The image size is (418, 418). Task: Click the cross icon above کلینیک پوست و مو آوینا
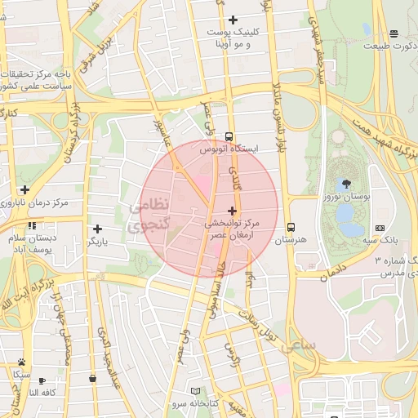pyautogui.click(x=233, y=20)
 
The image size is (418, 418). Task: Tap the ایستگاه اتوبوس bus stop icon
pyautogui.click(x=229, y=136)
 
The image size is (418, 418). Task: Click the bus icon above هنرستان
pyautogui.click(x=291, y=228)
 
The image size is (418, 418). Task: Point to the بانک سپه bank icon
pyautogui.click(x=380, y=228)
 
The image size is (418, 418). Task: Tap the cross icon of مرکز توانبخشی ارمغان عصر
pyautogui.click(x=233, y=211)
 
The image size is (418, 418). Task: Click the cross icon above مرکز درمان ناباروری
pyautogui.click(x=24, y=189)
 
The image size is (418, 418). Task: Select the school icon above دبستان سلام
pyautogui.click(x=32, y=226)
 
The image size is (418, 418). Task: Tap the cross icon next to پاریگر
pyautogui.click(x=98, y=229)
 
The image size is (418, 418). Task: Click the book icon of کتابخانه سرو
pyautogui.click(x=194, y=391)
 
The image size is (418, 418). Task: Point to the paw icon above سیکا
pyautogui.click(x=21, y=362)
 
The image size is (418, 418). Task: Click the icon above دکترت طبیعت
pyautogui.click(x=394, y=34)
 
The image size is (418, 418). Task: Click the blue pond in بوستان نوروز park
pyautogui.click(x=345, y=214)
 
